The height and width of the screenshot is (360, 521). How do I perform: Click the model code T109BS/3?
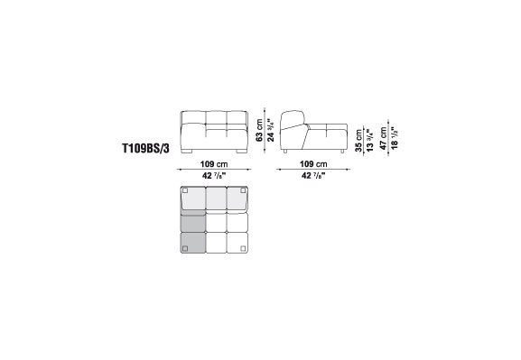coord(146,148)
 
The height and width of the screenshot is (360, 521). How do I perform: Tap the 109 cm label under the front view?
coord(214,164)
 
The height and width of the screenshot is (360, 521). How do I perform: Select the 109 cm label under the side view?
coord(313,164)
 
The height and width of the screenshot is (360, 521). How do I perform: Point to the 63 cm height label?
coord(259,130)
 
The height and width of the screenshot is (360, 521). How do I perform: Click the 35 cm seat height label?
coord(358,141)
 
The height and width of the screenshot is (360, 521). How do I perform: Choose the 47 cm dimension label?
coord(384,138)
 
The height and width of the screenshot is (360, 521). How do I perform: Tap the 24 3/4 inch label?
coord(271,130)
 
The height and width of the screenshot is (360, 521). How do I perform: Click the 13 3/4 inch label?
coord(370,141)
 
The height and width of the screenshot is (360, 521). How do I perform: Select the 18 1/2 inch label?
coord(395,137)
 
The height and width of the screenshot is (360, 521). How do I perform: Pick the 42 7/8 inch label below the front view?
coord(214,175)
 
